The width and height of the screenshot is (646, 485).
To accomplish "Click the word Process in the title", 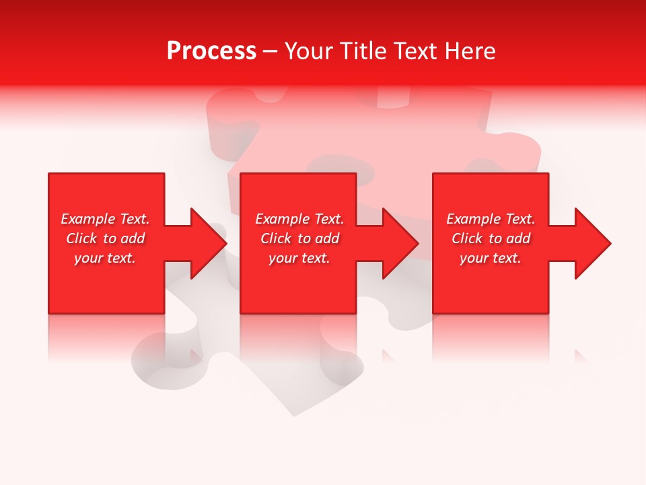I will coord(211,51).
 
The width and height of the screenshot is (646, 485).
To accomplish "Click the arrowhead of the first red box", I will coord(208,243).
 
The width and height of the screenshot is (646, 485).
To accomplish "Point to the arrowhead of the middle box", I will coord(400,243).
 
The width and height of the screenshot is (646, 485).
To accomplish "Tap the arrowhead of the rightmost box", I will coord(592,243).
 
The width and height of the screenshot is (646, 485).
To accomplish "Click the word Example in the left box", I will coord(88,219).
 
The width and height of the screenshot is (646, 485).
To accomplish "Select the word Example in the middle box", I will coord(283,219).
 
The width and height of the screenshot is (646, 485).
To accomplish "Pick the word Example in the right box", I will coord(474,219).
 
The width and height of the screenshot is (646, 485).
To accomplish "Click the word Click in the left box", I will coord(82,238).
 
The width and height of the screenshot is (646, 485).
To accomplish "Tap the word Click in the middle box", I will coord(277,238).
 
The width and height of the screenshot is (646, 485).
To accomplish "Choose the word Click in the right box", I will coord(468,238).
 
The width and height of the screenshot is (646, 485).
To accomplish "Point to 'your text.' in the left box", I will coord(105,258).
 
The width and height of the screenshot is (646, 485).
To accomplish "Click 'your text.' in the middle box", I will coord(299,258).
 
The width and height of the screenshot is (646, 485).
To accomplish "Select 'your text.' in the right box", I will coord(491,258).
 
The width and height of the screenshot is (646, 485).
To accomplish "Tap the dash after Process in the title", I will coord(270,52).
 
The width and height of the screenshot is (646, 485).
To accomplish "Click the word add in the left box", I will coord(133,238).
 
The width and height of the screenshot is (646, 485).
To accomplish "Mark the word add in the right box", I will coord(519,238).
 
